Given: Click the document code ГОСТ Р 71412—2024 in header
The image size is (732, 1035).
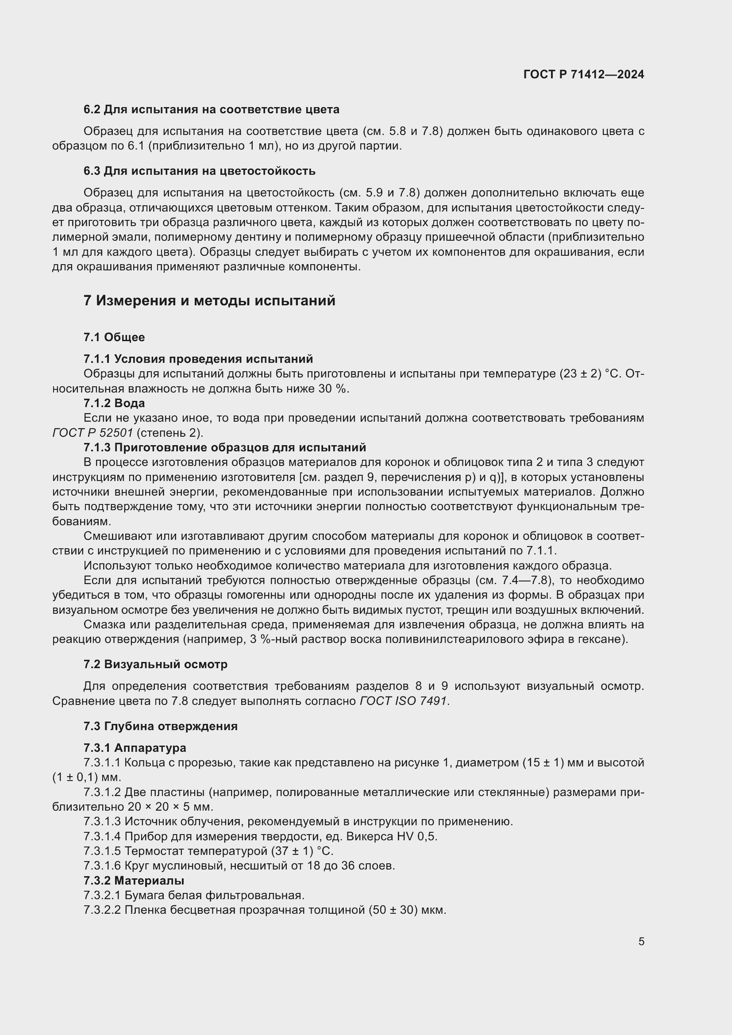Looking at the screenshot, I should tap(584, 74).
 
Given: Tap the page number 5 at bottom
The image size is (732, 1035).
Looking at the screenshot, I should tap(641, 942).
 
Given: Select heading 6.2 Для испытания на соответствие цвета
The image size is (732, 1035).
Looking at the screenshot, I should tap(212, 110).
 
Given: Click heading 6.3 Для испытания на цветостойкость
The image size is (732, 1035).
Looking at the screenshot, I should tap(199, 171).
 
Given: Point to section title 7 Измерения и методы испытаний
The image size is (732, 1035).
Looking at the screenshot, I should tap(209, 300).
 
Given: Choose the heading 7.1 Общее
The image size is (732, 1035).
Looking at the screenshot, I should tap(114, 337).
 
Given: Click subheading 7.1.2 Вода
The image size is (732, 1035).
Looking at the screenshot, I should tap(114, 403).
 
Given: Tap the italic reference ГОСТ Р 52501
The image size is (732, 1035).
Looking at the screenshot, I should tap(92, 433).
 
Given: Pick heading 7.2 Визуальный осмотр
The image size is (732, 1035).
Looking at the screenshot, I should tap(155, 664).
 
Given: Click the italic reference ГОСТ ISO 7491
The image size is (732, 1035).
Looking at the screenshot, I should tap(404, 701).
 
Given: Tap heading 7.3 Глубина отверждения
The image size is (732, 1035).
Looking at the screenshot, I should tap(161, 726).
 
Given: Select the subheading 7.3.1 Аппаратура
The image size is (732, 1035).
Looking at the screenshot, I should tap(135, 748).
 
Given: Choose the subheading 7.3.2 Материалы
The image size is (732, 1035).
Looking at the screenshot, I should tap(134, 881).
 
